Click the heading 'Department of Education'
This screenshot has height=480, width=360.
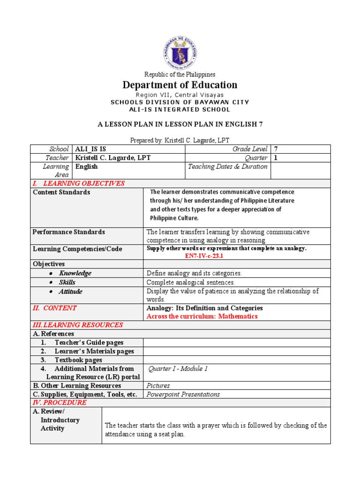click(x=180, y=85)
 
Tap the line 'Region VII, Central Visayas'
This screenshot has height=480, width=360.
click(x=180, y=95)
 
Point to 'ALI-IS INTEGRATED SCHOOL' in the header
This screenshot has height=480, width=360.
click(x=180, y=110)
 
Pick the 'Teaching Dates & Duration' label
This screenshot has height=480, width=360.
click(x=227, y=166)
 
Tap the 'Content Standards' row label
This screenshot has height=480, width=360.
click(x=61, y=192)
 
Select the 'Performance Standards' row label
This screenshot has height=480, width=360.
click(x=68, y=232)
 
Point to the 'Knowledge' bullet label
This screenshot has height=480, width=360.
click(x=75, y=273)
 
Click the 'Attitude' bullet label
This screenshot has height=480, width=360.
click(x=70, y=292)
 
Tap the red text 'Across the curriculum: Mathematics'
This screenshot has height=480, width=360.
click(x=202, y=316)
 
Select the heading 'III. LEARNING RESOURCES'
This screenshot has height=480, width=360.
click(x=77, y=325)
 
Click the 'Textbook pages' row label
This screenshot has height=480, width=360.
click(x=78, y=360)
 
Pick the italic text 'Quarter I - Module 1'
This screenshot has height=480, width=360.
click(x=178, y=369)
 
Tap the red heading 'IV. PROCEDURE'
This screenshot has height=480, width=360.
click(x=60, y=403)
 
